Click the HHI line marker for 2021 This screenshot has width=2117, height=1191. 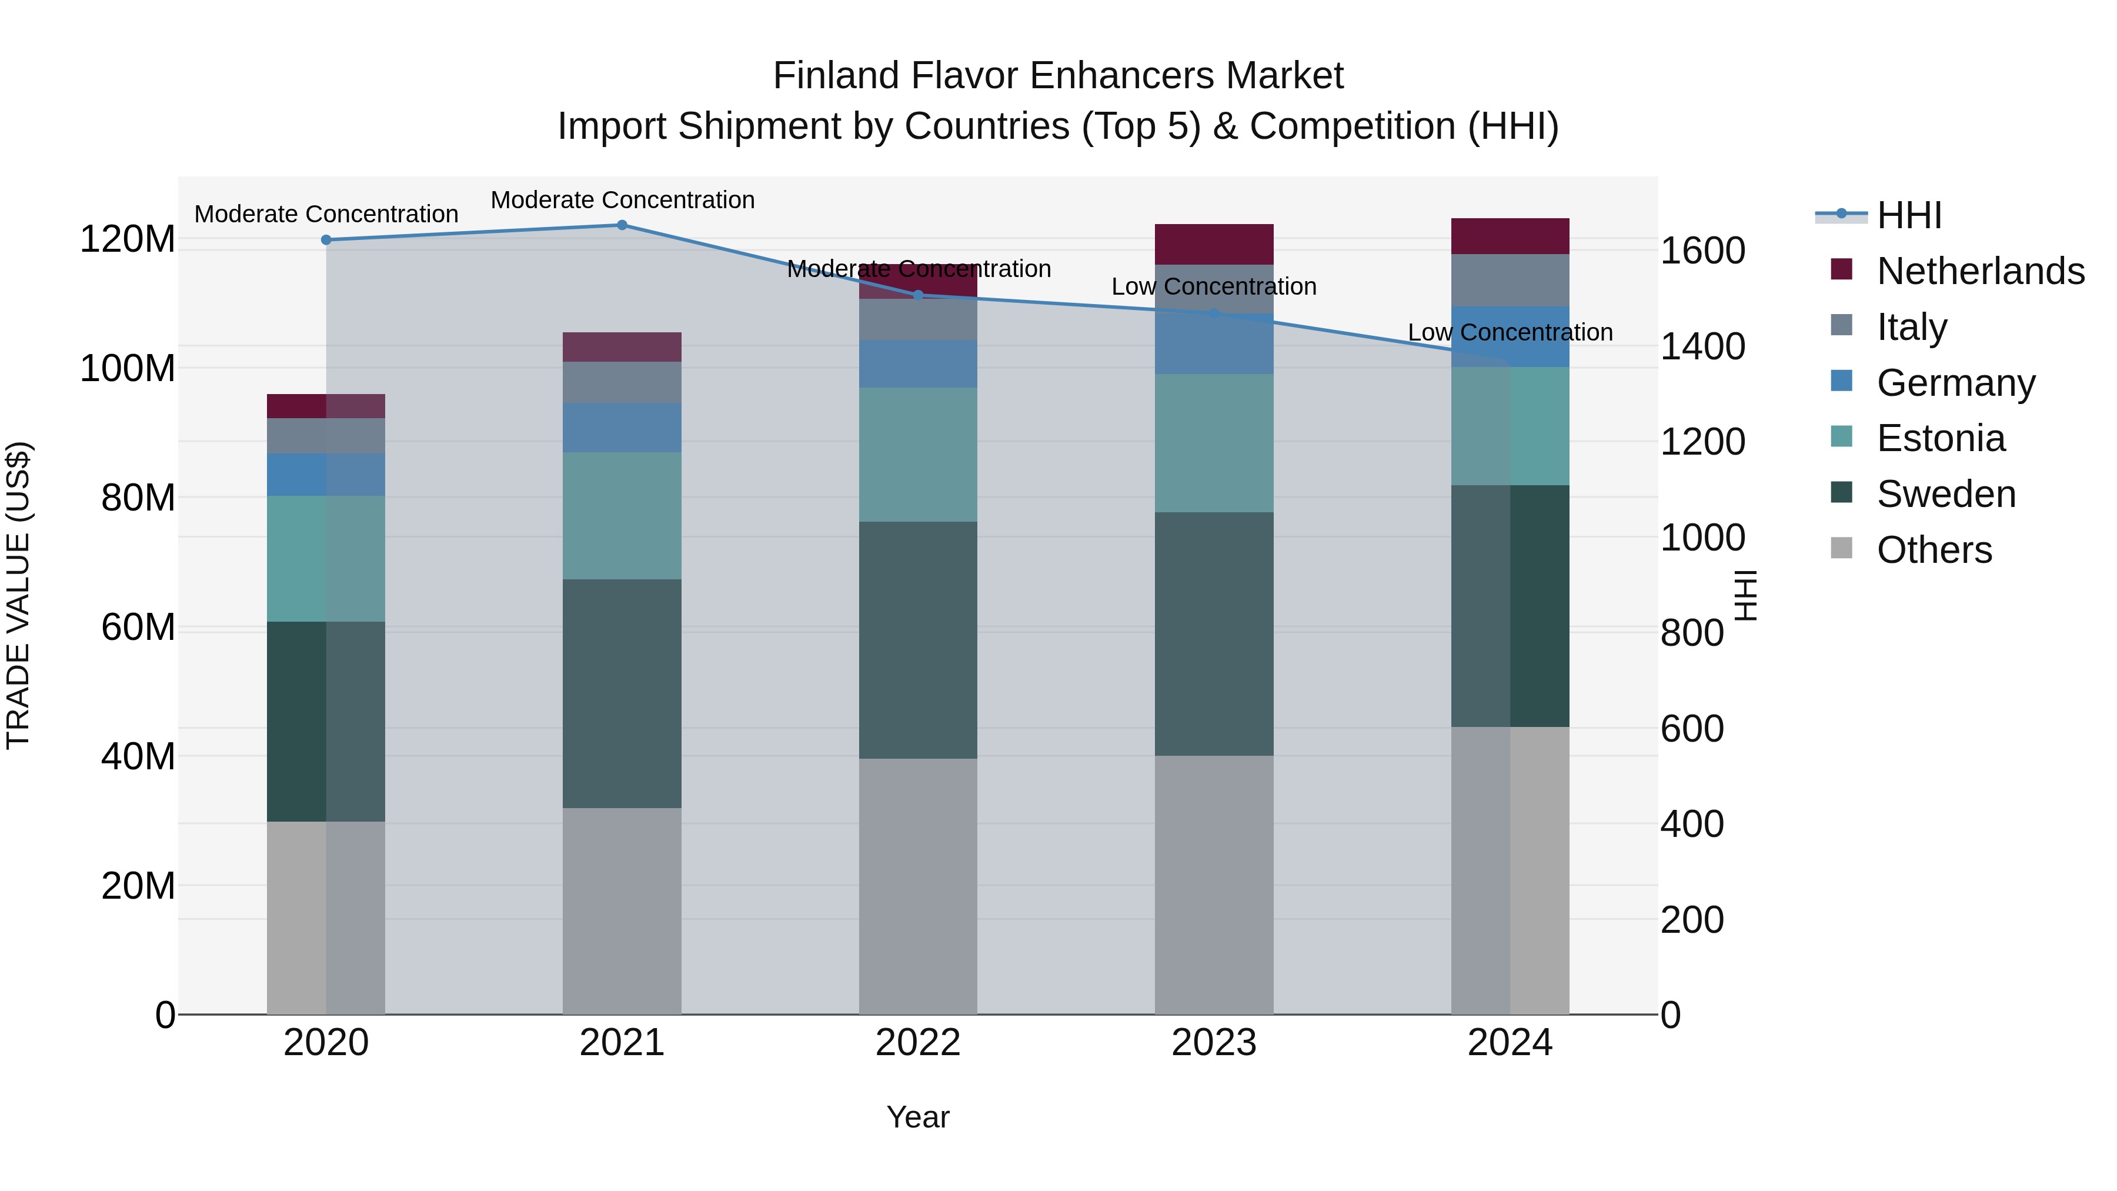(x=622, y=225)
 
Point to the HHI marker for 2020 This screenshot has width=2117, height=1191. (x=326, y=240)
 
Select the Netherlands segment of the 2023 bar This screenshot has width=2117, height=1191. (x=1214, y=244)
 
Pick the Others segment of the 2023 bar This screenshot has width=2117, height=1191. (x=1214, y=885)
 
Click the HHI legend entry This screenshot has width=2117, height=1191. (x=1909, y=215)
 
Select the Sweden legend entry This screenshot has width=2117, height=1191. (x=1946, y=494)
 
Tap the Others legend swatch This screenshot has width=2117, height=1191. (x=1842, y=548)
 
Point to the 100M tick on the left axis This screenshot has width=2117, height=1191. (x=128, y=368)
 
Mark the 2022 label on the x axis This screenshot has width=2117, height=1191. (x=918, y=1043)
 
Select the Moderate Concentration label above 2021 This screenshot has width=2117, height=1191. (x=622, y=200)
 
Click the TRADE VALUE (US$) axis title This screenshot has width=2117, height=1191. (x=18, y=595)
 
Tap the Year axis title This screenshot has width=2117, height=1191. (x=918, y=1117)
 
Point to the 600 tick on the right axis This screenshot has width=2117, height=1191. (x=1692, y=729)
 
